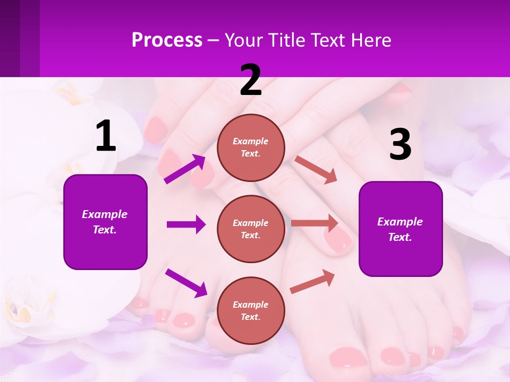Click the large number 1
[x=106, y=136]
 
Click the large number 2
[x=251, y=81]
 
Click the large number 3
[x=400, y=145]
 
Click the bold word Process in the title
[x=167, y=40]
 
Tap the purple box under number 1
[x=105, y=222]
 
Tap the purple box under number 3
[x=401, y=229]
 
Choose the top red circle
[x=251, y=147]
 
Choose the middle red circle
[x=251, y=229]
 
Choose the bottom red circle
[x=251, y=310]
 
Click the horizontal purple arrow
[x=186, y=224]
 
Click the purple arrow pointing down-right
[x=186, y=283]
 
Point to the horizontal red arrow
[x=314, y=223]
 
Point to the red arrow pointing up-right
[x=313, y=281]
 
